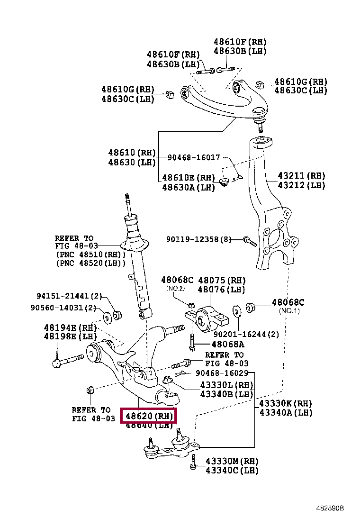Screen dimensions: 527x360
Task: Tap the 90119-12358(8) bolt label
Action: click(198, 239)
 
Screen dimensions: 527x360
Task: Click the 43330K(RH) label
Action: click(286, 403)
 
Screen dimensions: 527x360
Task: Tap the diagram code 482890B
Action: click(331, 508)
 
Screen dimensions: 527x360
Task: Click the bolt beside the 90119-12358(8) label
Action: click(249, 241)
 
